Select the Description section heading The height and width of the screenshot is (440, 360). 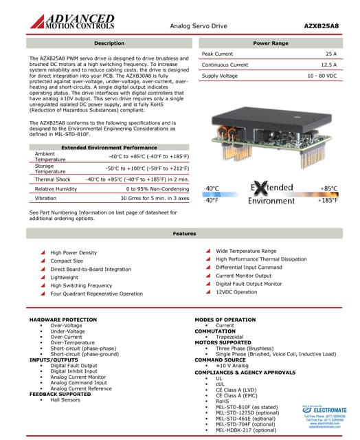pos(109,43)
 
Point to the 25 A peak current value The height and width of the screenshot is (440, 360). pos(330,54)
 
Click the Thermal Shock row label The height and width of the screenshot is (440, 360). pos(52,179)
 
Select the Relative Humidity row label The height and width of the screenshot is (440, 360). pos(56,188)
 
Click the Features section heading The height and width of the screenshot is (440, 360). pos(184,234)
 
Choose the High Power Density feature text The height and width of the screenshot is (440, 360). pos(74,253)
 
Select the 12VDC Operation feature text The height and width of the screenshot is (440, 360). pos(236,292)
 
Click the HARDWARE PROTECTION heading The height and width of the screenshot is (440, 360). pos(63,320)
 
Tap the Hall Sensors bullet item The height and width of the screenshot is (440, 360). pos(65,399)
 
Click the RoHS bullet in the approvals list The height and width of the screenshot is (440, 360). pos(223,401)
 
